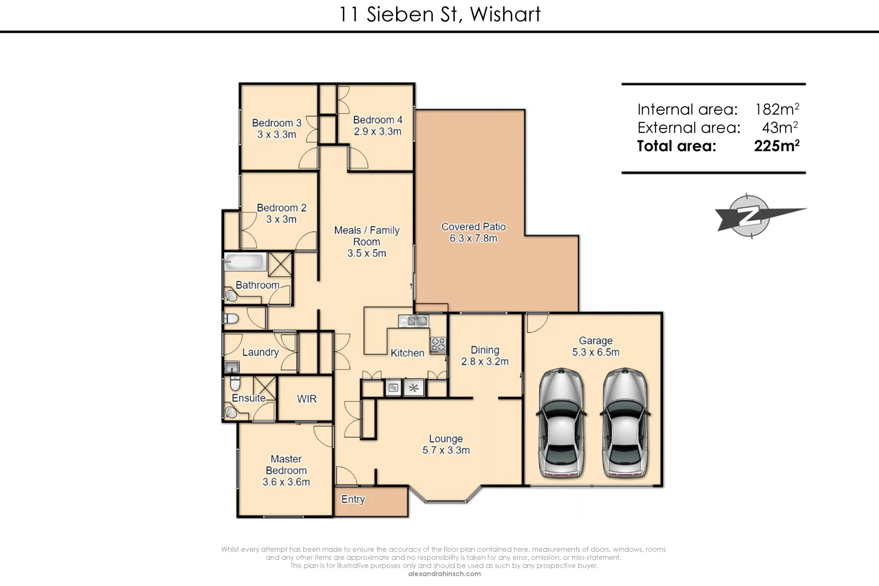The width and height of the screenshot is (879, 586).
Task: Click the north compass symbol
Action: click(749, 216)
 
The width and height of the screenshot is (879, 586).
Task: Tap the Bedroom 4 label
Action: click(378, 120)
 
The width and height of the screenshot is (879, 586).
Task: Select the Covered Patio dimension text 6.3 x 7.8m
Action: click(473, 238)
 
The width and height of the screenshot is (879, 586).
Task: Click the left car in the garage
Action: click(562, 423)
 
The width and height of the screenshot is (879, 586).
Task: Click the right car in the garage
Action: click(625, 423)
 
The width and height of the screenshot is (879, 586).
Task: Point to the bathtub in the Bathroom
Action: click(245, 263)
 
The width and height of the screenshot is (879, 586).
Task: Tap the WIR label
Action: click(307, 399)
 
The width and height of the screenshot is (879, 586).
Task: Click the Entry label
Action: click(353, 499)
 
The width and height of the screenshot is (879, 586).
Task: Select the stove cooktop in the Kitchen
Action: click(438, 345)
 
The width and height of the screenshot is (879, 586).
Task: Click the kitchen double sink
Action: click(414, 321)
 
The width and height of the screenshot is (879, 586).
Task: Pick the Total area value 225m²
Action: click(776, 146)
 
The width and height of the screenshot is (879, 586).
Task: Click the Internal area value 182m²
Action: click(776, 110)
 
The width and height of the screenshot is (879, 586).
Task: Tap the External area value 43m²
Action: click(780, 128)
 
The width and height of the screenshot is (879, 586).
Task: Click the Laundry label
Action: click(260, 352)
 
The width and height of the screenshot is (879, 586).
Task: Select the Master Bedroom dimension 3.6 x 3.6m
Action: click(286, 482)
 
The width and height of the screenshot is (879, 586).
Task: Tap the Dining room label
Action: click(485, 350)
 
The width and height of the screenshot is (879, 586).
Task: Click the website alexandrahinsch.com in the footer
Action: click(444, 574)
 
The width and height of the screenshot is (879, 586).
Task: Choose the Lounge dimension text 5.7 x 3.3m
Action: click(446, 450)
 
